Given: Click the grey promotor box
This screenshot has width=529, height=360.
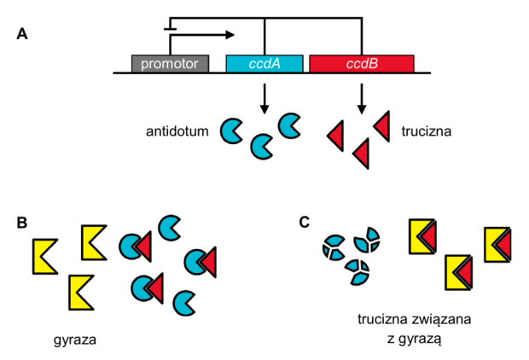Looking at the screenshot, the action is pos(170,63).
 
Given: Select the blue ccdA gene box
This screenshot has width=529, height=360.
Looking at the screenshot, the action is pos(264,63).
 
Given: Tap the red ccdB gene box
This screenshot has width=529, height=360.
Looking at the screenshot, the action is pos(362,63).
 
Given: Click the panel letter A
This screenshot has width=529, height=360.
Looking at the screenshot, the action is pos(22,34).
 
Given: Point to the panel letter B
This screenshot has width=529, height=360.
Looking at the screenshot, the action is pos(22,223).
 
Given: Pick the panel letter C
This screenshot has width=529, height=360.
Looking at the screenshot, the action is pos(305,223).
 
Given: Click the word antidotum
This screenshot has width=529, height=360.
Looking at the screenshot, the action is pos(177,131).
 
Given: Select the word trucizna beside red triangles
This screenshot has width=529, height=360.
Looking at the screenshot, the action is pos(427,131).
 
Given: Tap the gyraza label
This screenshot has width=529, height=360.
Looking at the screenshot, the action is pos(75,340).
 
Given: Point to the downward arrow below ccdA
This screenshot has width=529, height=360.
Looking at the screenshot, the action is pos(264,98).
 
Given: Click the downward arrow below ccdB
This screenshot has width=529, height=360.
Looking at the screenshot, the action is pos(362,98).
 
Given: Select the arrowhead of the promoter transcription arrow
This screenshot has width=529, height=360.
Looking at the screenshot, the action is pos(230,34).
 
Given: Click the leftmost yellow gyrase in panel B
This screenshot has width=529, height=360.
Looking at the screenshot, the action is pos(45,257).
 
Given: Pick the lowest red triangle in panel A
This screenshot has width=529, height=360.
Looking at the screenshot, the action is pos(361,154).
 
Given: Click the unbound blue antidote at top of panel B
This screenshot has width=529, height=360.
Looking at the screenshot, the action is pos(170,228).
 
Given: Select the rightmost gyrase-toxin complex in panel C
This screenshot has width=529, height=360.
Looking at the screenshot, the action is pos(497,245).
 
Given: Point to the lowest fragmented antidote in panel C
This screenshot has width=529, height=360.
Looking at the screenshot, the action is pos(358,272).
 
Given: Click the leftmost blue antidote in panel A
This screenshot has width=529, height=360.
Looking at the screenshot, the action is pos(230,131).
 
